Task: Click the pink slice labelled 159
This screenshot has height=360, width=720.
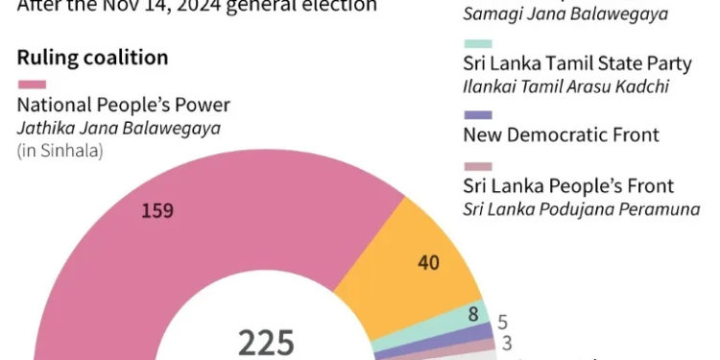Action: pos(192,250)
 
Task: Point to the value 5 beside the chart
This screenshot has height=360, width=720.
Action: pos(502,323)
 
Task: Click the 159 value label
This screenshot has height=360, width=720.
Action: pos(156,211)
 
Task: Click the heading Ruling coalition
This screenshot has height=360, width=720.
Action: pos(92,58)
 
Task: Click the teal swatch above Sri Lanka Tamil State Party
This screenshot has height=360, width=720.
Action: pos(477,44)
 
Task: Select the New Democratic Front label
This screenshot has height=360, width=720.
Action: pos(561,135)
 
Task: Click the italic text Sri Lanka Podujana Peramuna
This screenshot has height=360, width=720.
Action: pos(581,208)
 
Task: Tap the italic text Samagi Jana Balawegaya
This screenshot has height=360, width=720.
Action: pos(551,14)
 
